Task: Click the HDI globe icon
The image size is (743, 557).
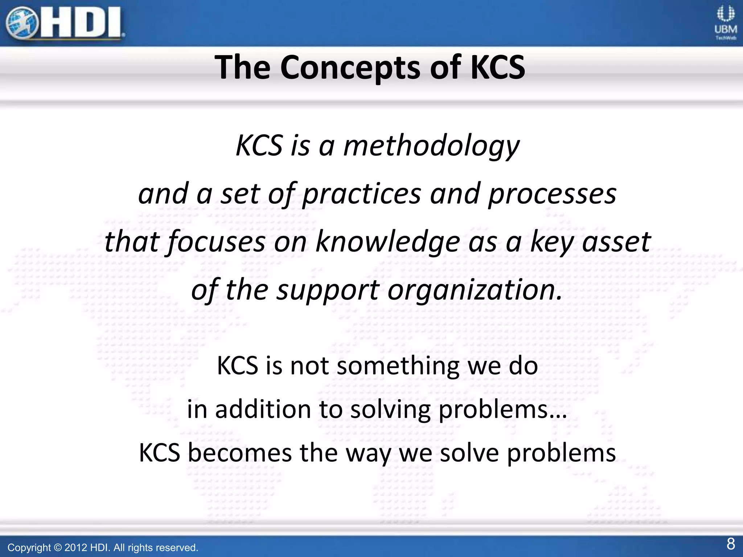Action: pyautogui.click(x=22, y=23)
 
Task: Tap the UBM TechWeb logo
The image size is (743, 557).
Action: pyautogui.click(x=726, y=23)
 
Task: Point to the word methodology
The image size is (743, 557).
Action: pyautogui.click(x=431, y=146)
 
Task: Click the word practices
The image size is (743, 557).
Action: pyautogui.click(x=361, y=194)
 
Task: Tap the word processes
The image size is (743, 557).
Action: pyautogui.click(x=552, y=194)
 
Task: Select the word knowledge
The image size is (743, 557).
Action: pyautogui.click(x=388, y=242)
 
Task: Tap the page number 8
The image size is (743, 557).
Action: pyautogui.click(x=731, y=544)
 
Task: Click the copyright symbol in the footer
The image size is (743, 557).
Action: pyautogui.click(x=58, y=548)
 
